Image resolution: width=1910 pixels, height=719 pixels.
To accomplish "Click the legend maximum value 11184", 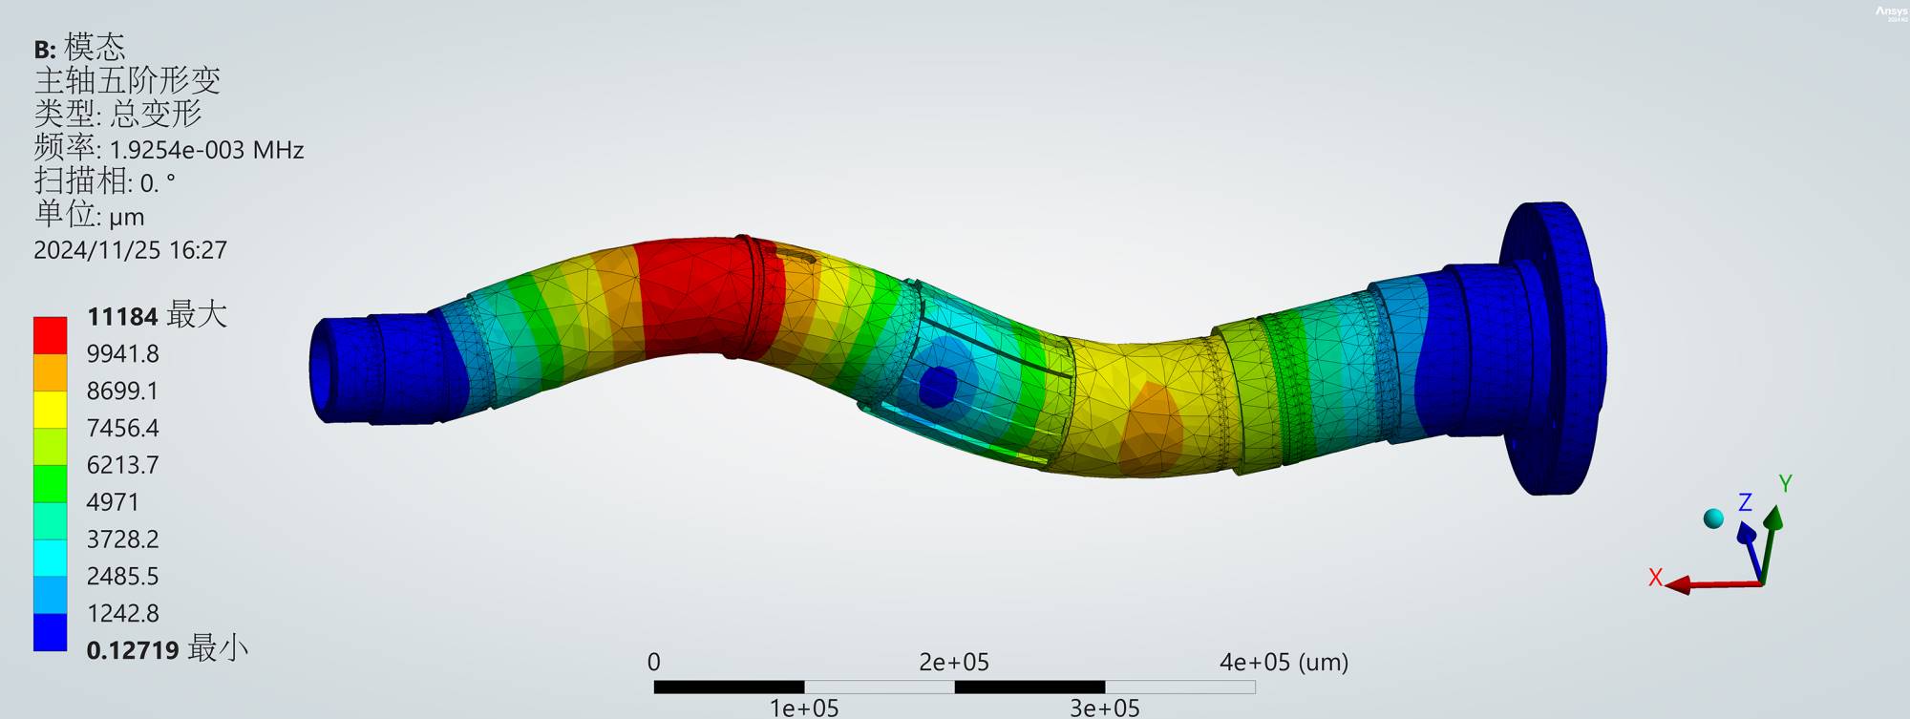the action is [122, 316].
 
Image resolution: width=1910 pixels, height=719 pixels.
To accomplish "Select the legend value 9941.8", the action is [122, 353].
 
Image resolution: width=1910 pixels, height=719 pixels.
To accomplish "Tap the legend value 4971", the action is [113, 502].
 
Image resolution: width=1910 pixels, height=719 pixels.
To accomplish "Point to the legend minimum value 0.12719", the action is [133, 650].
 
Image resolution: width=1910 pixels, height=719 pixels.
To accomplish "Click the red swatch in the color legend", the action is [50, 335].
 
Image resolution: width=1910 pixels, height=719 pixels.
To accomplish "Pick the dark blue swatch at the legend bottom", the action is [50, 632].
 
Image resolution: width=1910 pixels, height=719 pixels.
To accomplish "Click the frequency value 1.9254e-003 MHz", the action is [206, 150].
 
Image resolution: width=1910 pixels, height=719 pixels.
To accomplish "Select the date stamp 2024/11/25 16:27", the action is [130, 250].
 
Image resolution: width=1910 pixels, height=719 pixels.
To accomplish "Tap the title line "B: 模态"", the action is [79, 47].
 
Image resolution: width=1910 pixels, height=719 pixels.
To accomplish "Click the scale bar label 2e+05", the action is [953, 662].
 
